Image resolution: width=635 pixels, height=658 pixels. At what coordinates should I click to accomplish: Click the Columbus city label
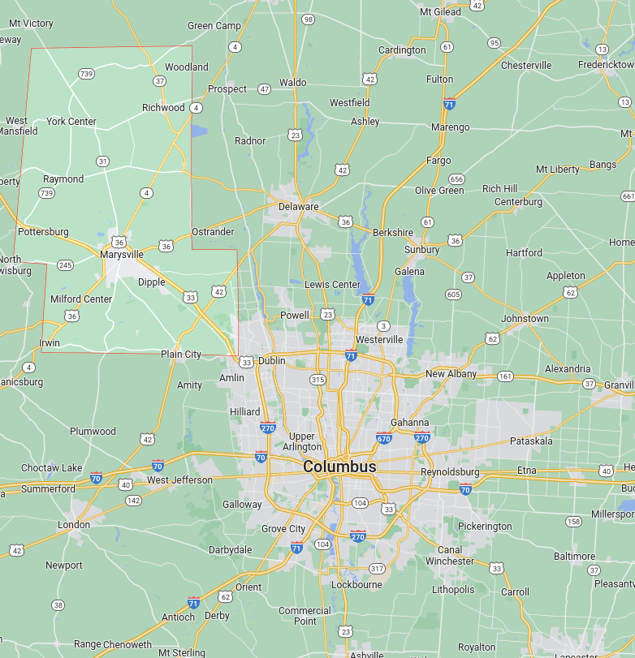[x=339, y=467]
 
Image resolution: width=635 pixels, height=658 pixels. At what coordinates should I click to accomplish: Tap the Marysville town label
[x=122, y=254]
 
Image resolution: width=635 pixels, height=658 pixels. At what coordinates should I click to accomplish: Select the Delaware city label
[x=298, y=206]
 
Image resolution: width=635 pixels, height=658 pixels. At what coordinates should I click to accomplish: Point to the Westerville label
[x=379, y=339]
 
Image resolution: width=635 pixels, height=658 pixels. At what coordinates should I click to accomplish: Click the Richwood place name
[x=163, y=107]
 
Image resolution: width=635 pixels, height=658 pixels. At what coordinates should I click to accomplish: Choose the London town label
[x=73, y=525]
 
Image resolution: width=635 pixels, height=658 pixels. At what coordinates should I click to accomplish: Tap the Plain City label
[x=180, y=354]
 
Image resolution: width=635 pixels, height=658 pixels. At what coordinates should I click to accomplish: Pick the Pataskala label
[x=531, y=441]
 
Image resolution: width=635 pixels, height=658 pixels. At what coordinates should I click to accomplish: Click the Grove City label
[x=283, y=529]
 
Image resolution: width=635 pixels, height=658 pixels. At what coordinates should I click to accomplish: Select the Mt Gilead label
[x=440, y=11]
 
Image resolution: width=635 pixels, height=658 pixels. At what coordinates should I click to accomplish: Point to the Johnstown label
[x=525, y=319]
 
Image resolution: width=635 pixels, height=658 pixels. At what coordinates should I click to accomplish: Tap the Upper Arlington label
[x=302, y=441]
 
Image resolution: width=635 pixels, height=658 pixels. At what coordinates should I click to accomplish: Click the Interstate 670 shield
[x=384, y=438]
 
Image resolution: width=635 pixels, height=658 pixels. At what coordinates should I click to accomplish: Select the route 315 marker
[x=317, y=379]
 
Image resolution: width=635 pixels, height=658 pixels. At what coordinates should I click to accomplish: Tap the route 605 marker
[x=453, y=294]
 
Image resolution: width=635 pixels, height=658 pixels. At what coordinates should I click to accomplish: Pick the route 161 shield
[x=506, y=376]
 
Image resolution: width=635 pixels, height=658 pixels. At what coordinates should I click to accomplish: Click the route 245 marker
[x=65, y=264]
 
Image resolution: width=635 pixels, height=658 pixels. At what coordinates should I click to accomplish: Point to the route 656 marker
[x=457, y=179]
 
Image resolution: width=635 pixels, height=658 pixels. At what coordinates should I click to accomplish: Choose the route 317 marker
[x=377, y=568]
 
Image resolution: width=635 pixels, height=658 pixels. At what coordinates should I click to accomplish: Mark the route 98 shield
[x=308, y=19]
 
